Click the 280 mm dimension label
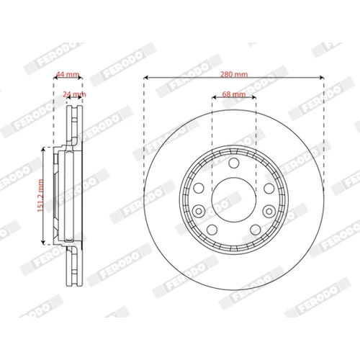point(234,74)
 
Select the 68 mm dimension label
point(234,94)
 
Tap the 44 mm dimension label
point(68,74)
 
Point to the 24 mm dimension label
point(74,94)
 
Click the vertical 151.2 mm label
point(40,196)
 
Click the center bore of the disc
point(234,199)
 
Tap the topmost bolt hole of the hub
point(234,163)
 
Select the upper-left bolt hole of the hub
point(199,189)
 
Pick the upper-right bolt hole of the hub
point(269,189)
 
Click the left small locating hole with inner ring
point(199,211)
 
